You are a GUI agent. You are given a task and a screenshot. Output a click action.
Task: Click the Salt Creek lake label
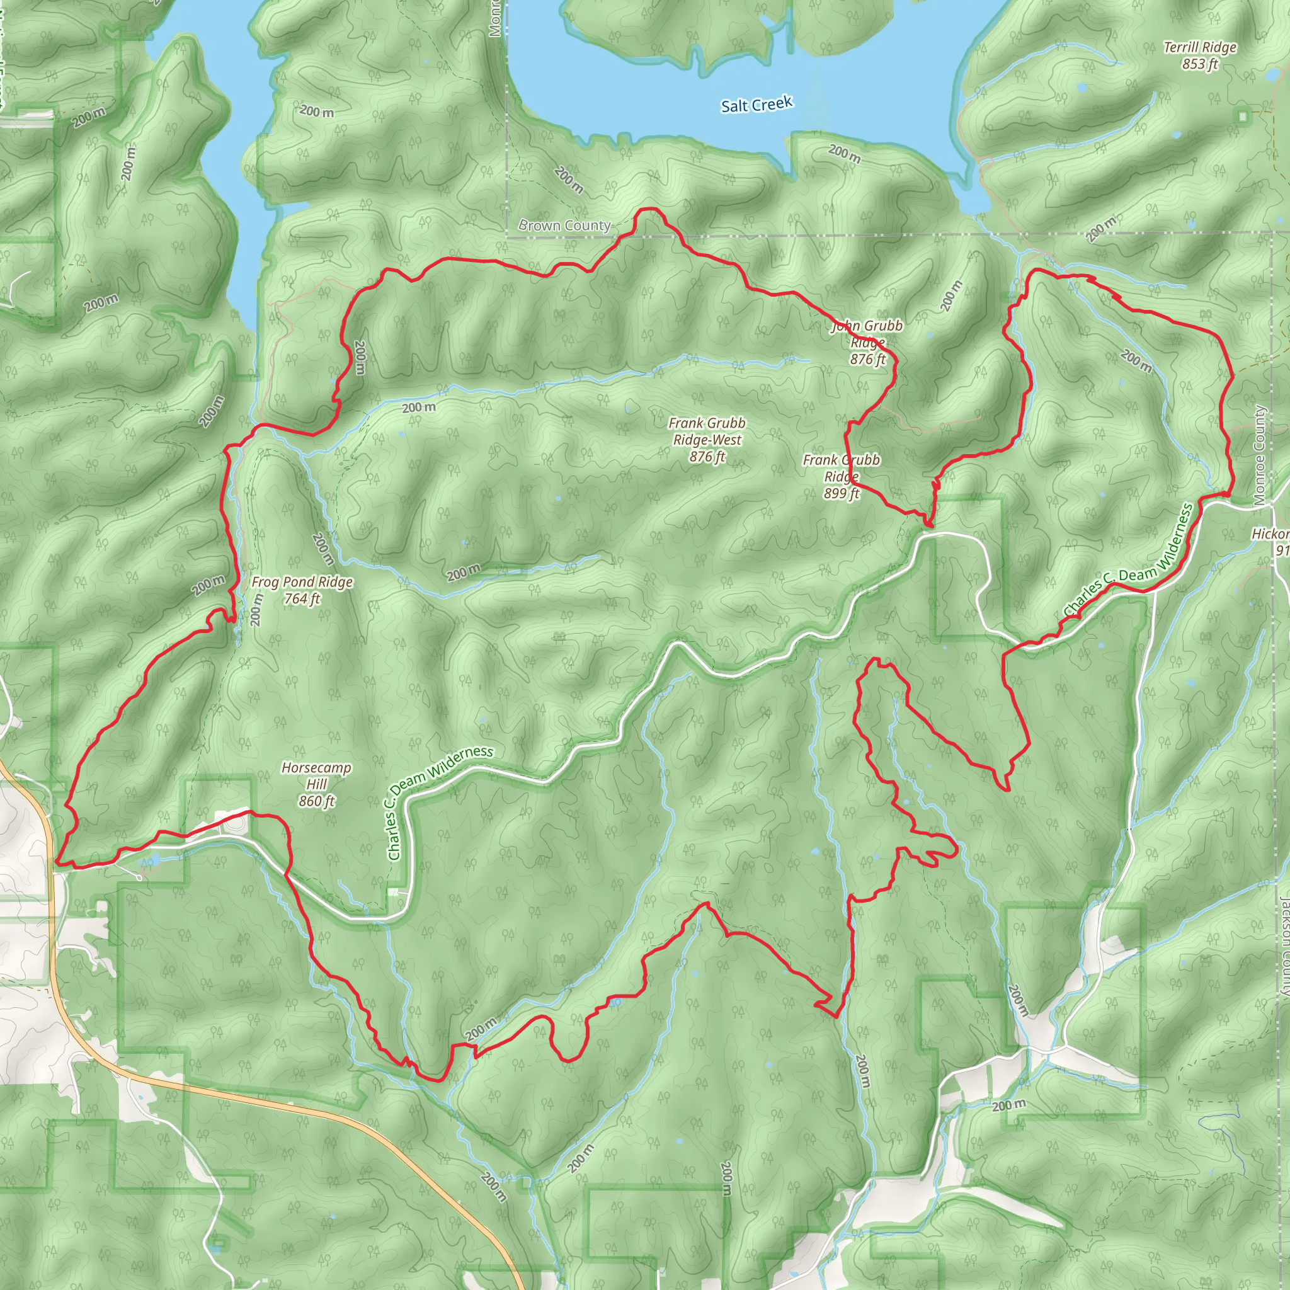756,105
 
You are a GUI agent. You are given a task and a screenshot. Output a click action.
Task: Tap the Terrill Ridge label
1200,47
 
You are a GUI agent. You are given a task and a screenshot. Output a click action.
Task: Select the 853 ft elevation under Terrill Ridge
1200,64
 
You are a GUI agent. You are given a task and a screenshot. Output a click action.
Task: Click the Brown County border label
565,225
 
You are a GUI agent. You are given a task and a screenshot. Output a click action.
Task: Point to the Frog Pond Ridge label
302,582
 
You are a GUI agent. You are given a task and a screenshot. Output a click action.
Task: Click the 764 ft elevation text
302,599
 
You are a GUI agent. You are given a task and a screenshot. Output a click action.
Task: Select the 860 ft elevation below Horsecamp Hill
316,801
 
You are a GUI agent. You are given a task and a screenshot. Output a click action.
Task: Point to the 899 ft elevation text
842,493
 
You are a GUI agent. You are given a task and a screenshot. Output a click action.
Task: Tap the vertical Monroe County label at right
1259,455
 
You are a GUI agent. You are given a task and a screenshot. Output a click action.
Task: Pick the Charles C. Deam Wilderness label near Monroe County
1128,561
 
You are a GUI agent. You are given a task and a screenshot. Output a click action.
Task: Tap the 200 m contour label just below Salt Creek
845,154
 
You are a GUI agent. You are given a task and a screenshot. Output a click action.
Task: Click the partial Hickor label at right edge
1270,534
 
